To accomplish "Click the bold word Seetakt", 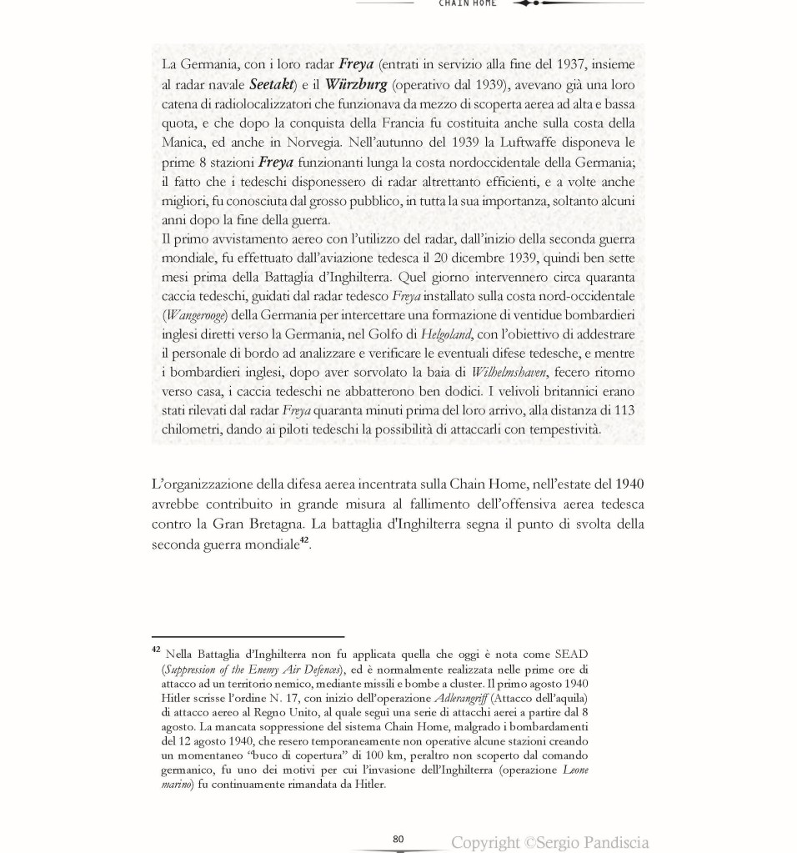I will tap(272, 84).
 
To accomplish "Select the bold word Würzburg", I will tap(356, 84).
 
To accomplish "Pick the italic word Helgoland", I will tap(446, 334).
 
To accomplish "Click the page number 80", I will tap(398, 839).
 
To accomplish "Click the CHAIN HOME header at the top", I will tap(468, 3).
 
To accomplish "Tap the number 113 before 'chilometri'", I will tap(623, 410).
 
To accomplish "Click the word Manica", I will tap(181, 143).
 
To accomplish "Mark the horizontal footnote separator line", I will tap(248, 637).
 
